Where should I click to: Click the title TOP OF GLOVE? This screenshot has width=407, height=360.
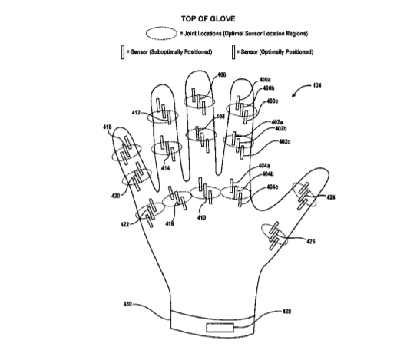pos(208,19)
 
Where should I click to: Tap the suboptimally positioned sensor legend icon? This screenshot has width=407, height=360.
pos(123,52)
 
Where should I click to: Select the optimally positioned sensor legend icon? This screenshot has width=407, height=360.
pos(233,52)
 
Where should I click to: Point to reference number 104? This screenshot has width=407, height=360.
pos(316,85)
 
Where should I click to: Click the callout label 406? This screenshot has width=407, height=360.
pos(221,75)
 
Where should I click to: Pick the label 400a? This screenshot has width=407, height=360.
pos(265,80)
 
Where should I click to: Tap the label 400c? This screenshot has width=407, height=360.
pos(273,101)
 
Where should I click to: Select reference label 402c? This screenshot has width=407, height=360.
pos(285,141)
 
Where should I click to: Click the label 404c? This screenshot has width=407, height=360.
pos(273,187)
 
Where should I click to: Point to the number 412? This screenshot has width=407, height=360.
pos(136,113)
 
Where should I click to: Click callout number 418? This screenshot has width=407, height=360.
pos(108,127)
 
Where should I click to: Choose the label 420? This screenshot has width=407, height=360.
pos(116,196)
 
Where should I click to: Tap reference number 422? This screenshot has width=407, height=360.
pos(125,224)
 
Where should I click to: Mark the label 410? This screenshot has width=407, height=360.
pos(201,217)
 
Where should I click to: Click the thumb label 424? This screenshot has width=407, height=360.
pos(330,197)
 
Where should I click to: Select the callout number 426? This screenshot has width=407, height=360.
pos(311,242)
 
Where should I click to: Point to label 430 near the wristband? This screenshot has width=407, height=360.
pos(127,304)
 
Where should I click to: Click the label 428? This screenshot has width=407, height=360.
pos(286,311)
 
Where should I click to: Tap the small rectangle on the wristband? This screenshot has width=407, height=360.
pos(220,328)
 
